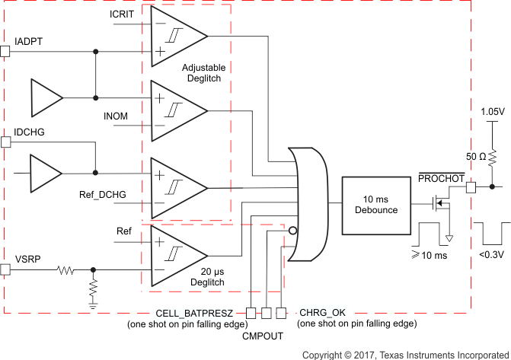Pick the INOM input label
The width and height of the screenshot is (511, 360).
click(x=117, y=115)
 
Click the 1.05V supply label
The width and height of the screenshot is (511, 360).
click(x=493, y=111)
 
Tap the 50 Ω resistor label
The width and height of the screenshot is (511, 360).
click(x=476, y=157)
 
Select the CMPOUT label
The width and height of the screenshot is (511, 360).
click(x=264, y=334)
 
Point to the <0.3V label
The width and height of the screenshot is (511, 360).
click(x=492, y=254)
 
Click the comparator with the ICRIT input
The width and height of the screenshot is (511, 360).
click(x=178, y=35)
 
